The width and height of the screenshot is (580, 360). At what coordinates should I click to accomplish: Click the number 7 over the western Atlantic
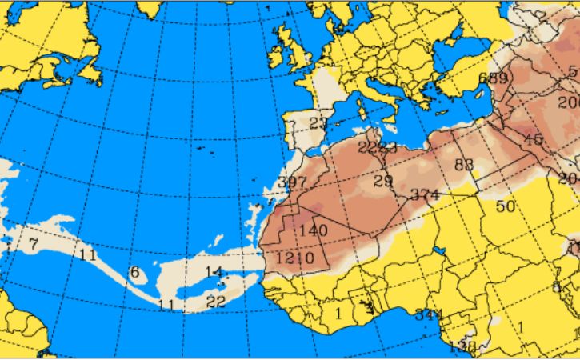click(x=34, y=242)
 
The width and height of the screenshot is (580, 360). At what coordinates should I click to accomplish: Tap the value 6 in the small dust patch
click(x=134, y=273)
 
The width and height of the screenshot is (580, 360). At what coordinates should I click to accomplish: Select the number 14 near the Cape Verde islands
click(x=213, y=272)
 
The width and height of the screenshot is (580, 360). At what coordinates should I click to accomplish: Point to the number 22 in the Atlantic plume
click(x=215, y=301)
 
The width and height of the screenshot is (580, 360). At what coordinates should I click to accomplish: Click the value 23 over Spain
click(x=318, y=123)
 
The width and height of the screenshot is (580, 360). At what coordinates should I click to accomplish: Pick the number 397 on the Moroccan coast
click(x=292, y=183)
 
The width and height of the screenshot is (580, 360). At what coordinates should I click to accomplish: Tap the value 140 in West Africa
click(x=313, y=230)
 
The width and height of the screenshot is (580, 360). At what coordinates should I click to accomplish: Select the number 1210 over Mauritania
click(x=295, y=258)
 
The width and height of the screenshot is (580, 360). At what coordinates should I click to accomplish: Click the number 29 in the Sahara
click(x=383, y=179)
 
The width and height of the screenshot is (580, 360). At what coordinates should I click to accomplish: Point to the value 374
click(x=425, y=194)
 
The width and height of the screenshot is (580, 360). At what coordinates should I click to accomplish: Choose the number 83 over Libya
click(x=464, y=165)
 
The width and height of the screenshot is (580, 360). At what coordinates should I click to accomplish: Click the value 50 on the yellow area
click(x=505, y=206)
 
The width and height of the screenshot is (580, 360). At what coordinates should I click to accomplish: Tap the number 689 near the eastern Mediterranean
click(x=493, y=78)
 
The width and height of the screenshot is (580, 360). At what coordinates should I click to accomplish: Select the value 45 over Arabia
click(x=532, y=139)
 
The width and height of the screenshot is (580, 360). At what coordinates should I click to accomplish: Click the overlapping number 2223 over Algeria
click(x=377, y=147)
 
